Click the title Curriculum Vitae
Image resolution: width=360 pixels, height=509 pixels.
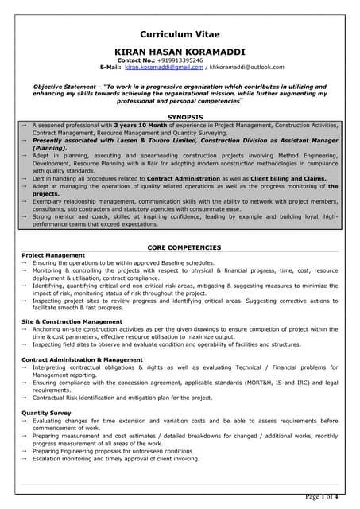(x=180, y=34)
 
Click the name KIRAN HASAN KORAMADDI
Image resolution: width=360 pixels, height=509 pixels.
(x=180, y=50)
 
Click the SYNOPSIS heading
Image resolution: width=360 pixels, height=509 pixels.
(x=180, y=117)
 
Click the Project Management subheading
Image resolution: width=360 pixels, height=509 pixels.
(x=53, y=255)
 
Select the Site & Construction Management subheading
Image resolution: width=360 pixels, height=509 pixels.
(x=72, y=321)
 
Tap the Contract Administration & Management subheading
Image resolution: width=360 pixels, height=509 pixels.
(x=82, y=359)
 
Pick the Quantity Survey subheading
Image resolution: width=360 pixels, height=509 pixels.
(x=48, y=413)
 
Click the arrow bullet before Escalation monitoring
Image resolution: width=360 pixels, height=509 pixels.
(x=25, y=459)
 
